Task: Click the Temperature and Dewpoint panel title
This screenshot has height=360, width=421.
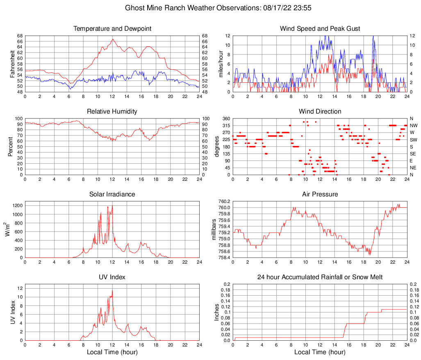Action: (112, 29)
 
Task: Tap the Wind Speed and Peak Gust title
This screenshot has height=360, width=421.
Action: (320, 29)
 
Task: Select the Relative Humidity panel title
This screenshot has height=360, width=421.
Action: (112, 112)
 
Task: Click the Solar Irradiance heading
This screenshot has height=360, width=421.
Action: (112, 194)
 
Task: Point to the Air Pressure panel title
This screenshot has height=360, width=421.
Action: (320, 194)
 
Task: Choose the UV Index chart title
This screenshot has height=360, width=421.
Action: (112, 277)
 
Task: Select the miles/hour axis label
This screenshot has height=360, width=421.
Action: (221, 64)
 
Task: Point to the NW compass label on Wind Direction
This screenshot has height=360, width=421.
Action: (413, 125)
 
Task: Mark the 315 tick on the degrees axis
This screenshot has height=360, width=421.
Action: (226, 125)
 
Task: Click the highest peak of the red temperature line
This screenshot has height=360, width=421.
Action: (113, 39)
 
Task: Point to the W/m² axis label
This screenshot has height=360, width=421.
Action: (8, 230)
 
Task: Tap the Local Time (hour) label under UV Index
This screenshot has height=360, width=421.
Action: (112, 352)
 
